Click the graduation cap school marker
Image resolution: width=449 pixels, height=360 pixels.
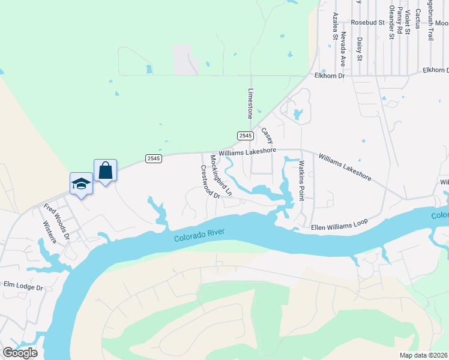[81, 184]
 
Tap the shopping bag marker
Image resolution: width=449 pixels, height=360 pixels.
[105, 170]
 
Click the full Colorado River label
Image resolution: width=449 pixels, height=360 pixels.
[203, 235]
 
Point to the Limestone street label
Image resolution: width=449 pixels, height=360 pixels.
[250, 103]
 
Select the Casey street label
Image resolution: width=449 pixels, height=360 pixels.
[267, 135]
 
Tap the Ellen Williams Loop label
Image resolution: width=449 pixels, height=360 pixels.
[339, 224]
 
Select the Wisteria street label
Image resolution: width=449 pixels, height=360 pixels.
[49, 232]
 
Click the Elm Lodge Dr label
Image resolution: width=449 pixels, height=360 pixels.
[23, 285]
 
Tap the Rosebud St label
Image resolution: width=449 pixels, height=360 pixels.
[367, 22]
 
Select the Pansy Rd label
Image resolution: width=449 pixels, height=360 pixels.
[399, 21]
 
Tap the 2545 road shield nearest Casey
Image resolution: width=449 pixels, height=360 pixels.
[244, 136]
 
